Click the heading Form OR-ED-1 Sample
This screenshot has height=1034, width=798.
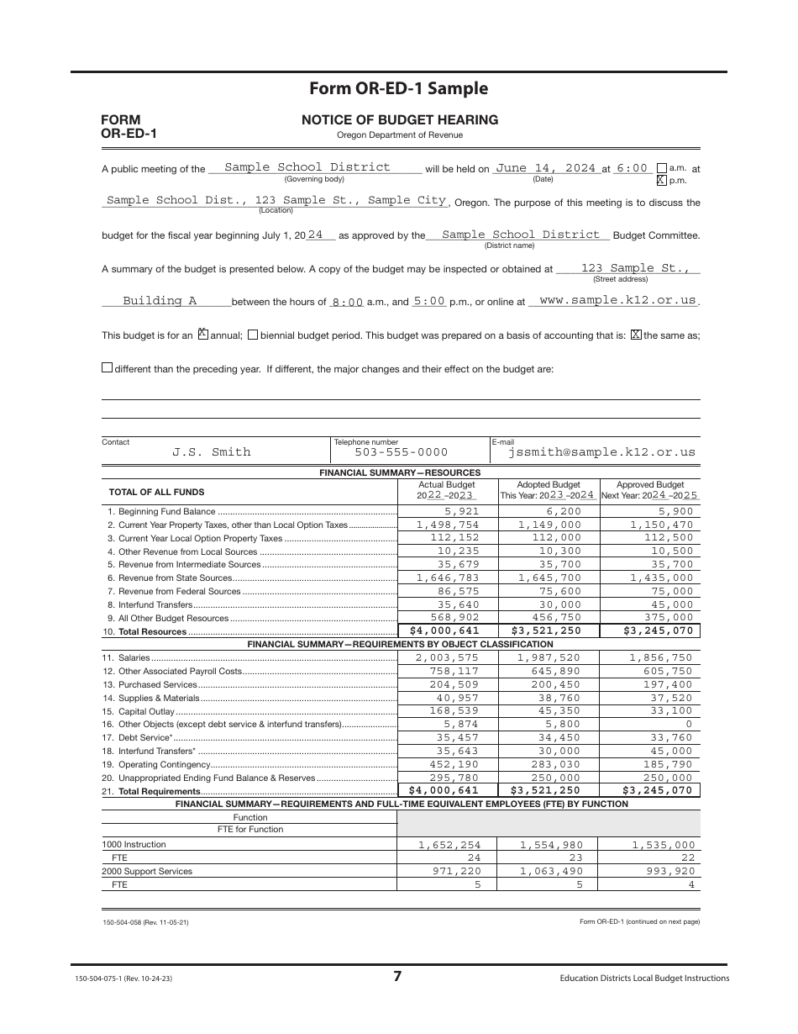(x=398, y=89)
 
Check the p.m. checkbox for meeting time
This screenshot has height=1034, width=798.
(x=661, y=180)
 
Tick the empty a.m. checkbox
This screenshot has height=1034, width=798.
(x=661, y=167)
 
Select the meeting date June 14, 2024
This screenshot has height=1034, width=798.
(x=545, y=168)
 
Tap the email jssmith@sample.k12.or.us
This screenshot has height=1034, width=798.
(x=601, y=452)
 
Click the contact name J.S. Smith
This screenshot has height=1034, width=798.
(x=212, y=452)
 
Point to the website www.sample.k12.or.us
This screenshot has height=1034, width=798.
(x=617, y=300)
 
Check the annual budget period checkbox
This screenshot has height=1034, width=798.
(x=202, y=335)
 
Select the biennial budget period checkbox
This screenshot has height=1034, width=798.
(x=253, y=335)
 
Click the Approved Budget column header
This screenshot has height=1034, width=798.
(x=650, y=485)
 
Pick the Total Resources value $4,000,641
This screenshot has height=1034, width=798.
(x=444, y=631)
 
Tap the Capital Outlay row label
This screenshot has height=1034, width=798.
(x=139, y=711)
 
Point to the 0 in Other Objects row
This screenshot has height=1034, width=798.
(x=689, y=724)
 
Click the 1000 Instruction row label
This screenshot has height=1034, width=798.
(x=134, y=844)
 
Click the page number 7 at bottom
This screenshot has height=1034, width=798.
(x=398, y=976)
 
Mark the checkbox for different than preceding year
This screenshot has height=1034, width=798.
(x=107, y=367)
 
